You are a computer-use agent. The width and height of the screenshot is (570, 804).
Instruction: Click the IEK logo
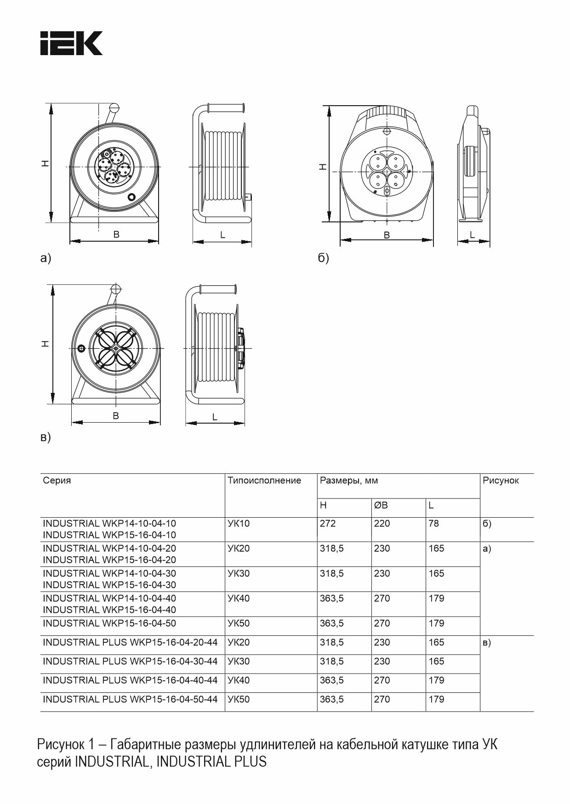pos(71,44)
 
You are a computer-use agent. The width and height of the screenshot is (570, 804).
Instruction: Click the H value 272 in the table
pos(328,523)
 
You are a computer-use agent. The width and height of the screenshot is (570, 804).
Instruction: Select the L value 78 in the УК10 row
pos(433,523)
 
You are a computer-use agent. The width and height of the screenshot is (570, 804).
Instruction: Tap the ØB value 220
pos(382,523)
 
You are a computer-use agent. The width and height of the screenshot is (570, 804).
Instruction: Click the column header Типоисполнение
pos(264,481)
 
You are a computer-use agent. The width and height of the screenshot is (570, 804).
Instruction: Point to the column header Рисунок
pos(501,481)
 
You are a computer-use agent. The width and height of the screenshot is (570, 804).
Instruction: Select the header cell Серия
pos(57,481)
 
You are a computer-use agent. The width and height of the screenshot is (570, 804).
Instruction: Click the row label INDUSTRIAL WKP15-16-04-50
pos(109,623)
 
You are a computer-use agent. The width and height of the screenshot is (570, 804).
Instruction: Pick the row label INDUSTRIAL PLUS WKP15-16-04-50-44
pos(130,699)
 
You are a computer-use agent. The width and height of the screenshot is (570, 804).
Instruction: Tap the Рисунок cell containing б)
pos(487,523)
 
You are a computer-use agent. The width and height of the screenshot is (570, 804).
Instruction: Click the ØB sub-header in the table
pos(381,505)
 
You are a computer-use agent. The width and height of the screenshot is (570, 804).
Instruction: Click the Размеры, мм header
pos(349,481)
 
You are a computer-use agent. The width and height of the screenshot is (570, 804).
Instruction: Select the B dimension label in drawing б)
pos(387,235)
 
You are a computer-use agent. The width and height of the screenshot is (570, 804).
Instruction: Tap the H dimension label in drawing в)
pos(45,344)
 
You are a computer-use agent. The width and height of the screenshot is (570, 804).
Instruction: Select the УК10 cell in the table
pos(239,523)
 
